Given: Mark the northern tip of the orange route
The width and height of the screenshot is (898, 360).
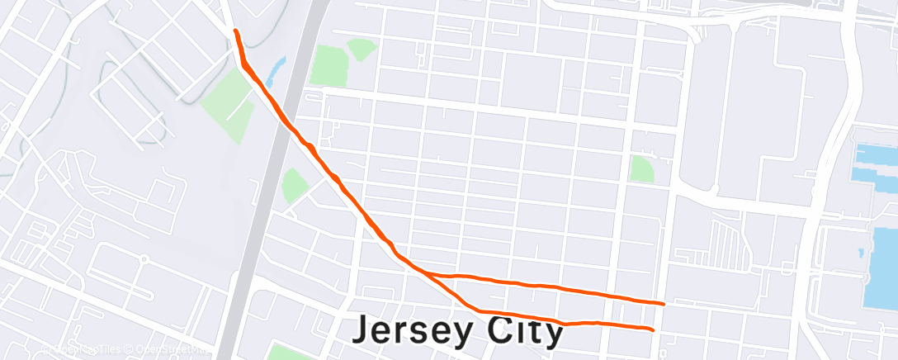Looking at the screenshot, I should [237, 31].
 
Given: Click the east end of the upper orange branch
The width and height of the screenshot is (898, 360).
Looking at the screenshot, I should [664, 304].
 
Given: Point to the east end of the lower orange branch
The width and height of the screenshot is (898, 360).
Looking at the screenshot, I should [653, 330].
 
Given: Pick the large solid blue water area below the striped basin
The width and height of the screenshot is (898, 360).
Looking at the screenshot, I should [883, 256].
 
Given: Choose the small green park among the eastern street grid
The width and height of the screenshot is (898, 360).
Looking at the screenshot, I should [641, 169].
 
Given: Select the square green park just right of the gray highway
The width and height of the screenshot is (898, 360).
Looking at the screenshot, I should [329, 65].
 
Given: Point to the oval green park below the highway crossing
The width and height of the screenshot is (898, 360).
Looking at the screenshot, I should [293, 186].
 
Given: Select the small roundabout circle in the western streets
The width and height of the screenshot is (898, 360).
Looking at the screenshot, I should [144, 258].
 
